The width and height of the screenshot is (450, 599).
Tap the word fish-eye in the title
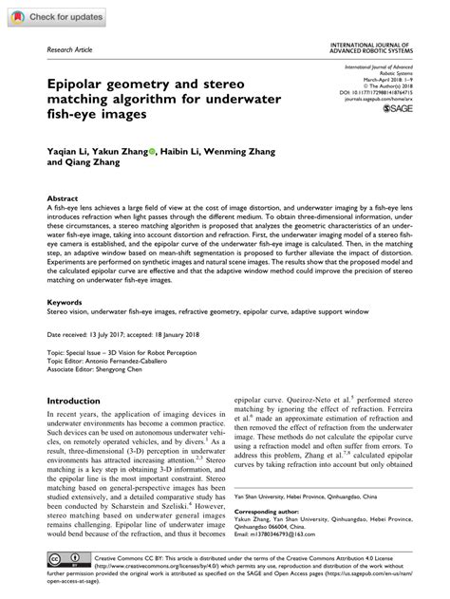pyautogui.click(x=77, y=113)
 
